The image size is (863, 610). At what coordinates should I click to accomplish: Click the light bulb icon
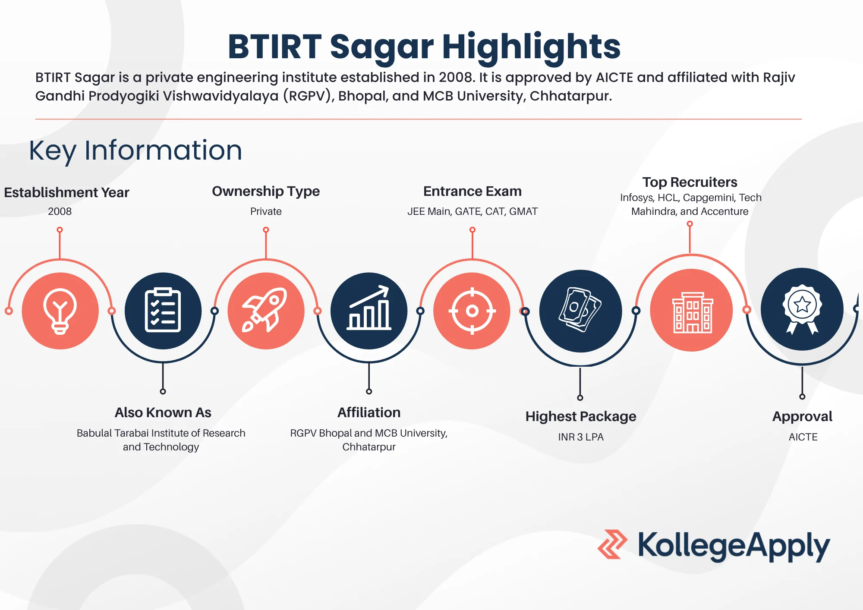60,311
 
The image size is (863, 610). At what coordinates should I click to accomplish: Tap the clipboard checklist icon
163,311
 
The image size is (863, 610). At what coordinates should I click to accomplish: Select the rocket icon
266,311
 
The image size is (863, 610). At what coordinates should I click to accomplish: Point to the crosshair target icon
472,311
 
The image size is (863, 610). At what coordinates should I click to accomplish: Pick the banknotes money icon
580,311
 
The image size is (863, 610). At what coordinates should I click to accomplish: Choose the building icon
692,311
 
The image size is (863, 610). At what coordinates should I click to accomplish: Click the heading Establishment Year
66,192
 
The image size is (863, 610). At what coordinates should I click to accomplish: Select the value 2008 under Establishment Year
60,211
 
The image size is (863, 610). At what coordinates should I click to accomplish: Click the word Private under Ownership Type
266,211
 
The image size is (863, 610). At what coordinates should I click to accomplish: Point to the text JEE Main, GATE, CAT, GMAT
472,211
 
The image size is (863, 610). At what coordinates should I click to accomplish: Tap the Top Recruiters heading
690,182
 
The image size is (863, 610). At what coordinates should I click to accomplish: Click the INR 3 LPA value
581,437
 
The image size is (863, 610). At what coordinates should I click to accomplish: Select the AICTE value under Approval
803,437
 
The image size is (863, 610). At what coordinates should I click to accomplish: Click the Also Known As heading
163,412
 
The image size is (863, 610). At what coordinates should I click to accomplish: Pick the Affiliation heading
369,412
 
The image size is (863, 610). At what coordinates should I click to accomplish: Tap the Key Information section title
135,151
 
